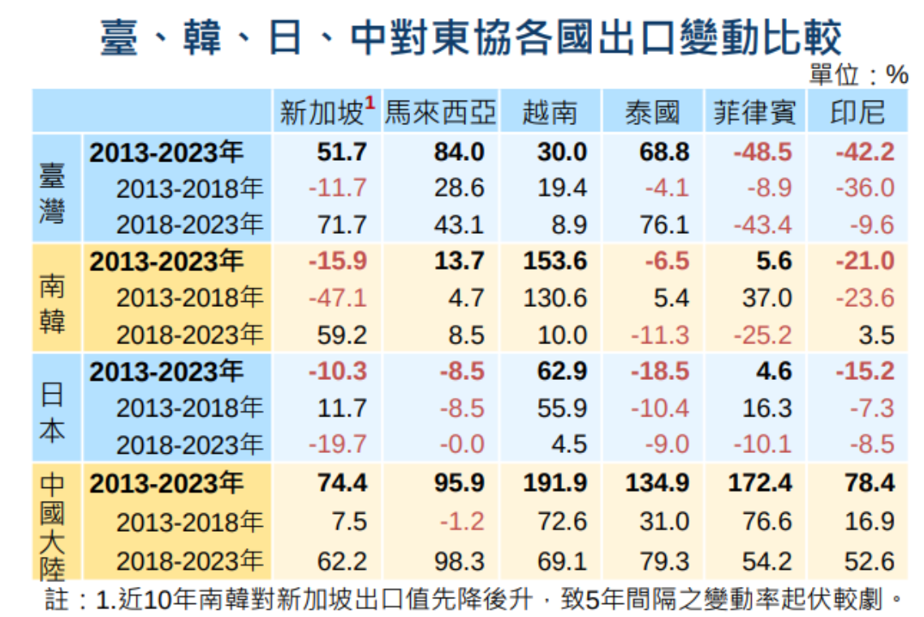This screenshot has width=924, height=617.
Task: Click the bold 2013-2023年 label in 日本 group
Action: [x=166, y=372]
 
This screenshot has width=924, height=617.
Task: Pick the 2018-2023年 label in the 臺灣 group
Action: [x=189, y=224]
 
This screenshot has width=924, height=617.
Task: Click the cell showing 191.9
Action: [x=555, y=483]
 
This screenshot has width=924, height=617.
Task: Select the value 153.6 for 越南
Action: [x=555, y=261]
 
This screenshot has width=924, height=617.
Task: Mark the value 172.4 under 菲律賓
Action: [x=760, y=483]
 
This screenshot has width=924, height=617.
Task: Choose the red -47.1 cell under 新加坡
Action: [x=338, y=298]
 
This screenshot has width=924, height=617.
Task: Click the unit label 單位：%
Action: [x=858, y=76]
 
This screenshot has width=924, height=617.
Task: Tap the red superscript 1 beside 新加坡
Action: [x=369, y=103]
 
